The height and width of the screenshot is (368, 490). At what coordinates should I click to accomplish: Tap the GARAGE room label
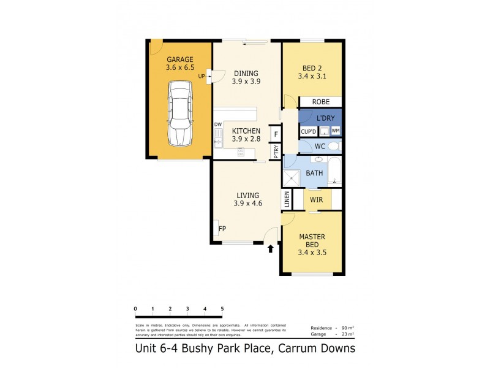point(179,59)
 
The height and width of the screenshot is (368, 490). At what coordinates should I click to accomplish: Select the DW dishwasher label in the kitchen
point(217,125)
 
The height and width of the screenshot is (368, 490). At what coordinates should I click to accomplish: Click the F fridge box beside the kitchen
point(276,133)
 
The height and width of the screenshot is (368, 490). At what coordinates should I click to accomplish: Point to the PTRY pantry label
point(276,151)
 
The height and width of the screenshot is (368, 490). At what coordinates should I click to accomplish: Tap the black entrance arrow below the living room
point(271,248)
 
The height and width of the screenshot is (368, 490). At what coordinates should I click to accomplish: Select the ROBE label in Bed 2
point(321,102)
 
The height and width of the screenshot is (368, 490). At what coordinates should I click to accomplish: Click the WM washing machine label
point(336,131)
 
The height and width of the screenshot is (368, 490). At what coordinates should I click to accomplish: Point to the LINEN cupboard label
point(286,199)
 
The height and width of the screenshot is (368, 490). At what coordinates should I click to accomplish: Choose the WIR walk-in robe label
point(317,199)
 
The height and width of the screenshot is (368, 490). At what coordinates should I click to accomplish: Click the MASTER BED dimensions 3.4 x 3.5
point(312,253)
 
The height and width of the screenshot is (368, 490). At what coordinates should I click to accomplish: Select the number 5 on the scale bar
point(222,309)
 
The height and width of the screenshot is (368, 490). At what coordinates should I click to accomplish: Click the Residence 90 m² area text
point(332,328)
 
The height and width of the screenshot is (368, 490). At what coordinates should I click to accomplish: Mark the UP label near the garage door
point(202,77)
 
